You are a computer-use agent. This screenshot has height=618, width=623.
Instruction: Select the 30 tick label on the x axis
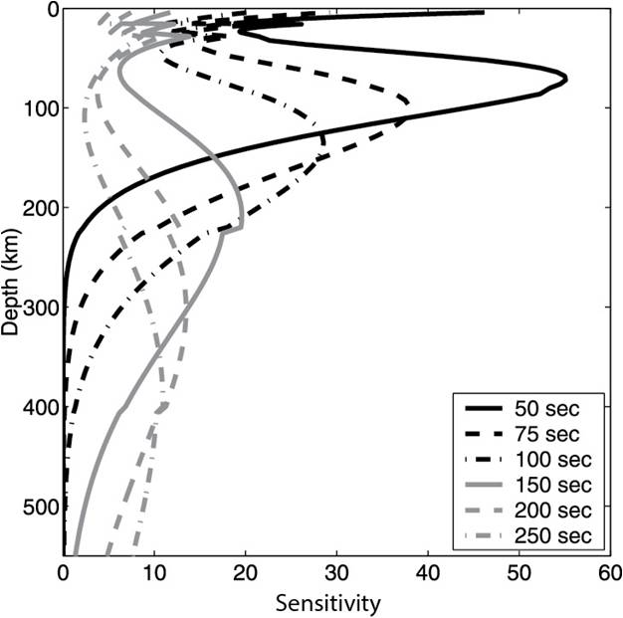click(336, 574)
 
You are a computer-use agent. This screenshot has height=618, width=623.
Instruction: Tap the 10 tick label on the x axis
click(154, 574)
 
